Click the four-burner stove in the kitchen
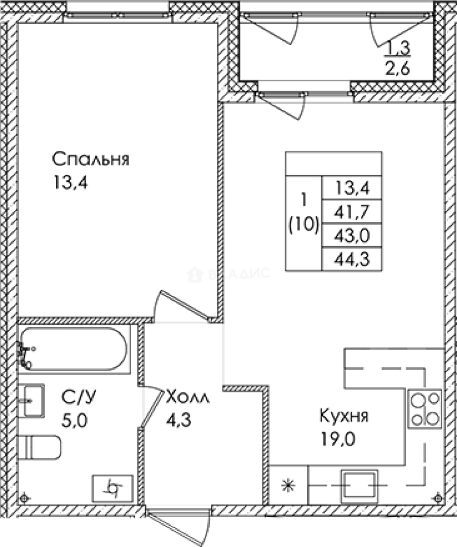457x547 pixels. coord(425,409)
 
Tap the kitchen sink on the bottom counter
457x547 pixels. coord(359,485)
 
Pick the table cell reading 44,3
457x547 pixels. coord(351,259)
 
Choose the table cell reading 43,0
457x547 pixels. coord(351,236)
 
